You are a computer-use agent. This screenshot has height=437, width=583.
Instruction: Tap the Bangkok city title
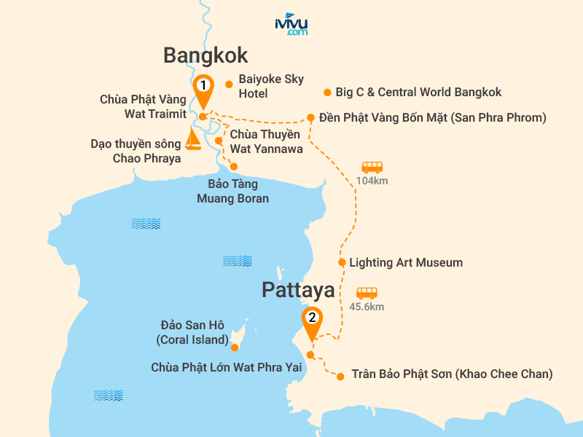click(206, 55)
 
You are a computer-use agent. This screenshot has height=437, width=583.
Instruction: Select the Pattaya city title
click(298, 291)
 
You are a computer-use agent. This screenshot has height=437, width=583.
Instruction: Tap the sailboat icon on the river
click(193, 138)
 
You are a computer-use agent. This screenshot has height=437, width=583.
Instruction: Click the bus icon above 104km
click(372, 167)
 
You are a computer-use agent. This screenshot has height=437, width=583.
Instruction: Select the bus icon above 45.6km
click(367, 293)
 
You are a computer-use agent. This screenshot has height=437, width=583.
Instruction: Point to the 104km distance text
click(372, 181)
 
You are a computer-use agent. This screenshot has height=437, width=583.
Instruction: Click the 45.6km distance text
click(367, 307)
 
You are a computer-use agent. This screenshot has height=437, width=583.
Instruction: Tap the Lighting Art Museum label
click(406, 262)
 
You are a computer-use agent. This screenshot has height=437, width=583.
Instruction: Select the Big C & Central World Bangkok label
click(418, 92)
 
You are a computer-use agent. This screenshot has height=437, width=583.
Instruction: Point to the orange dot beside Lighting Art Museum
click(342, 262)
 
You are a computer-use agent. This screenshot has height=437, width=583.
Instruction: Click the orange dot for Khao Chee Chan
click(340, 376)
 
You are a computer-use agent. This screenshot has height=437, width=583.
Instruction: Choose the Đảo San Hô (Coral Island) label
click(192, 333)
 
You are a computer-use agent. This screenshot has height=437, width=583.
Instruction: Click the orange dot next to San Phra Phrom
click(311, 117)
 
